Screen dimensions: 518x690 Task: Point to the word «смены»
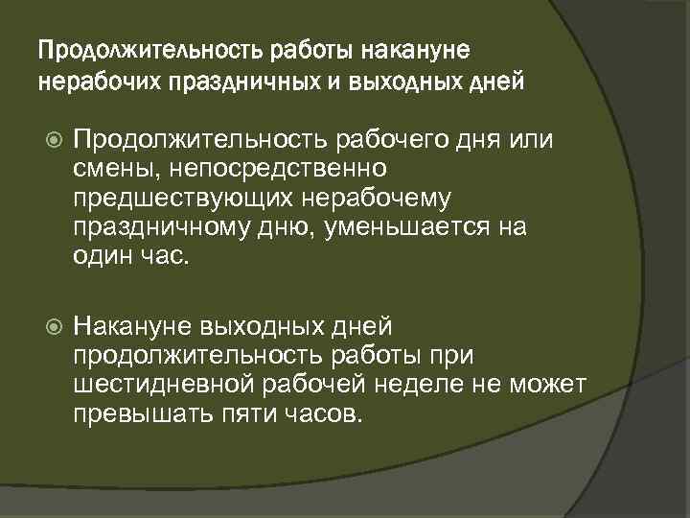[103, 170]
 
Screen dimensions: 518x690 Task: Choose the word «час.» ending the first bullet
[160, 256]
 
